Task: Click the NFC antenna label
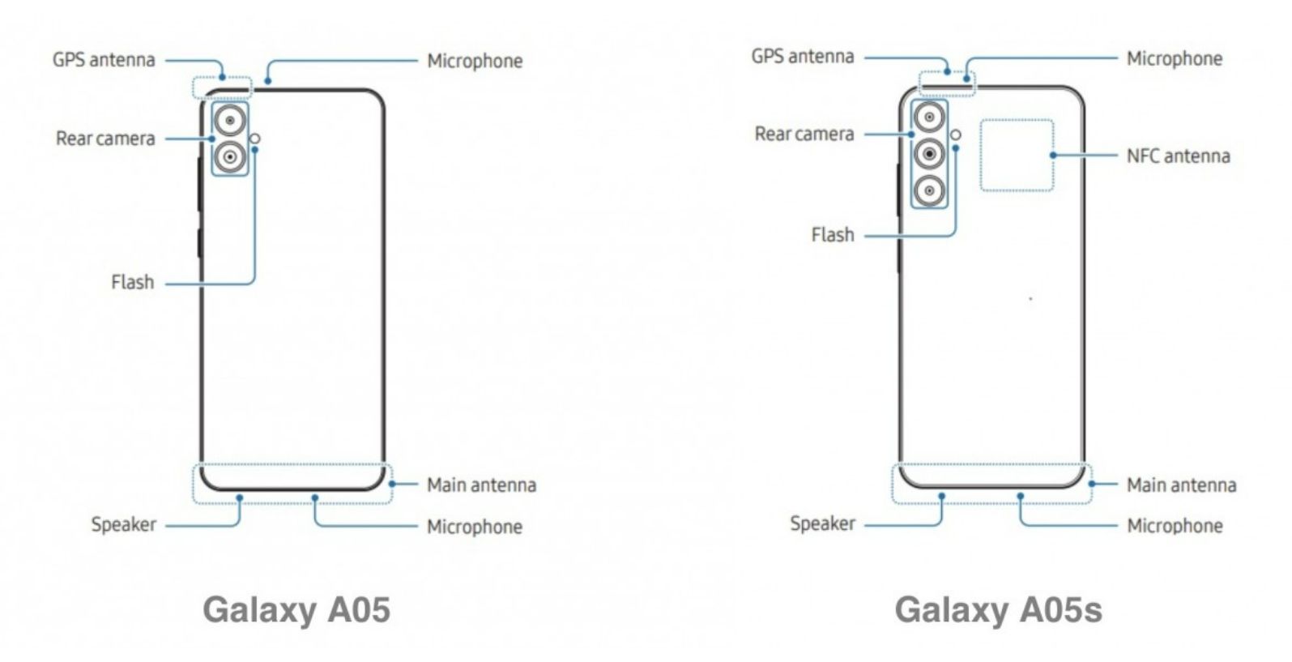click(1178, 156)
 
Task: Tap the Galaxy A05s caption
click(998, 609)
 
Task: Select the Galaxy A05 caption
click(296, 609)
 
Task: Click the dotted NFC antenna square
click(1017, 156)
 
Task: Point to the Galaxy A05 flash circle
click(256, 139)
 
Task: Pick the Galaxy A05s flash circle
click(956, 135)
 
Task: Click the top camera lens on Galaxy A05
click(231, 122)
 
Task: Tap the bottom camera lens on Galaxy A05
click(231, 156)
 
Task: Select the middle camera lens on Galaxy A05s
click(929, 154)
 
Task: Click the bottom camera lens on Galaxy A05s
click(929, 191)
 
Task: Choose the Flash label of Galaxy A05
click(132, 282)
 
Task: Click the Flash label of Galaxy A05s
click(833, 235)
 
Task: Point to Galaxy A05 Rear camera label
click(105, 139)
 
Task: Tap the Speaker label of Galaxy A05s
click(822, 523)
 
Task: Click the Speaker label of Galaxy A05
click(123, 524)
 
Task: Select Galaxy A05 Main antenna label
click(481, 485)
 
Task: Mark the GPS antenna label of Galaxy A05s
click(802, 57)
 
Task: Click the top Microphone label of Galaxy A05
click(475, 61)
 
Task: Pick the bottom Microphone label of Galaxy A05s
click(1175, 526)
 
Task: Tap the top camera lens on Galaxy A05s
click(929, 117)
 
